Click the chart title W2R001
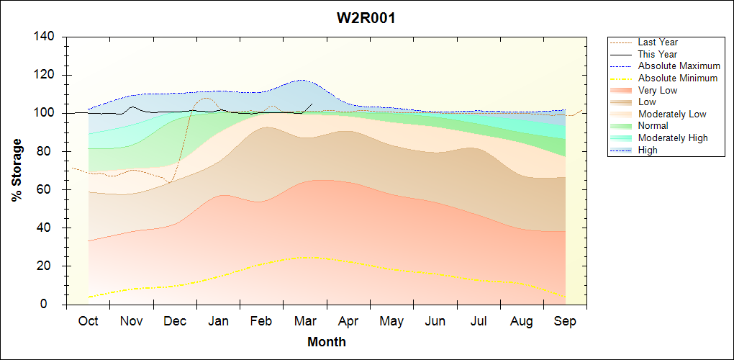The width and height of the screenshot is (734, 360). click(366, 19)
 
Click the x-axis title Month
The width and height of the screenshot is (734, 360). click(327, 342)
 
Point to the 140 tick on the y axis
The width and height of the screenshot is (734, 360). click(47, 37)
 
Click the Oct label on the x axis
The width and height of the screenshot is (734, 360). click(88, 321)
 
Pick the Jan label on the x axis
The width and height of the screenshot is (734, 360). click(218, 321)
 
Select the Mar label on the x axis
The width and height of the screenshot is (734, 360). click(304, 321)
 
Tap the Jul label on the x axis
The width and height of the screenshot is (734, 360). click(479, 321)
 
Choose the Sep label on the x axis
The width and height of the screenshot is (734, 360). click(565, 321)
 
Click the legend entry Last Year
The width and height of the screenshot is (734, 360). click(658, 42)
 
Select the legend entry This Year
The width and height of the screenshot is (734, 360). click(658, 54)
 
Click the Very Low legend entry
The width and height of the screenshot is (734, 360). click(658, 90)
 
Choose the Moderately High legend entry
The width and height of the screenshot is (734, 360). click(673, 138)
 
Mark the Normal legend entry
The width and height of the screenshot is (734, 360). click(653, 126)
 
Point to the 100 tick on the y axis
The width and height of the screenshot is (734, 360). click(47, 113)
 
